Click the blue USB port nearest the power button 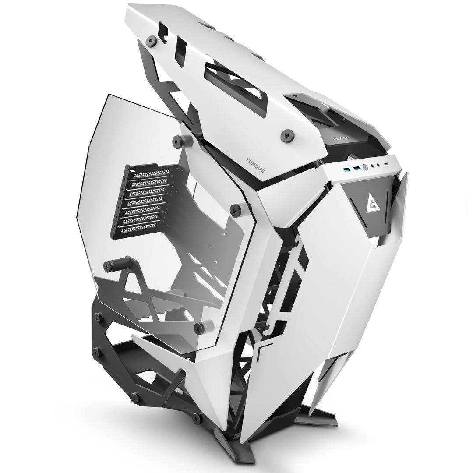tap(357, 169)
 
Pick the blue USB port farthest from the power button tap(347, 169)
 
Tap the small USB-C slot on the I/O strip tap(386, 164)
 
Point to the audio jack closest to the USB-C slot tap(378, 165)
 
